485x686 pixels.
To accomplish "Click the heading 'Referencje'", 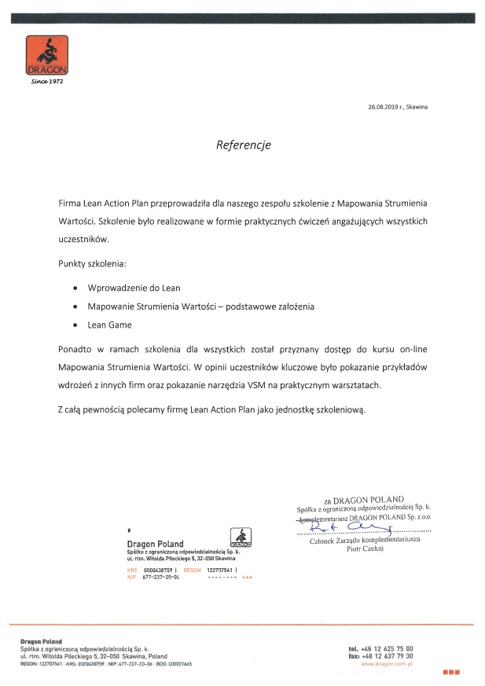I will tap(244, 145).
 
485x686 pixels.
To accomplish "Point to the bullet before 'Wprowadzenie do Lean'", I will tap(75, 288).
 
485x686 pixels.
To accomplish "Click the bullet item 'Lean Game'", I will tap(109, 325).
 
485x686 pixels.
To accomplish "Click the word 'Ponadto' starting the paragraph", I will tap(76, 348).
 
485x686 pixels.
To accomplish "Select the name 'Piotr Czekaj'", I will tap(366, 549).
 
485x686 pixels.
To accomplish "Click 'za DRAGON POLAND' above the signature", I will tap(362, 499).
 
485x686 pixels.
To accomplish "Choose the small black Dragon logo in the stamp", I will tap(240, 538).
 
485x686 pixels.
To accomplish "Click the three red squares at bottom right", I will tap(450, 673).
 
